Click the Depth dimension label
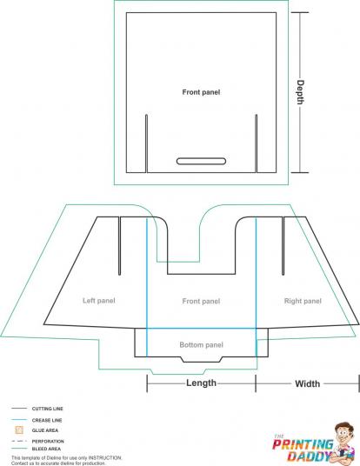pos(301,92)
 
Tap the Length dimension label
pos(201,383)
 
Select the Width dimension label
pos(307,383)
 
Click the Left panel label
pos(98,301)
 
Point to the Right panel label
pos(303,301)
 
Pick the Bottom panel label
pos(201,345)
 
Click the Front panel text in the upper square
pos(201,92)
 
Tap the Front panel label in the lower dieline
pos(201,301)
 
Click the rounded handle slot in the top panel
pos(201,161)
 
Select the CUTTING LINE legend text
pos(48,409)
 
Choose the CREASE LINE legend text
pos(47,420)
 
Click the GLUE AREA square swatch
pos(19,430)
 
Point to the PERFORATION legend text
pos(48,442)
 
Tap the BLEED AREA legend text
pos(46,449)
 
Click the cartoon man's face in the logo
pos(344,435)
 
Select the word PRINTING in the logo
pos(303,445)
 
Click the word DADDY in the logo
pos(310,456)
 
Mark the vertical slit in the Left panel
pos(119,246)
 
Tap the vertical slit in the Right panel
pos(283,246)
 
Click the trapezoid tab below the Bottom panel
pos(202,359)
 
